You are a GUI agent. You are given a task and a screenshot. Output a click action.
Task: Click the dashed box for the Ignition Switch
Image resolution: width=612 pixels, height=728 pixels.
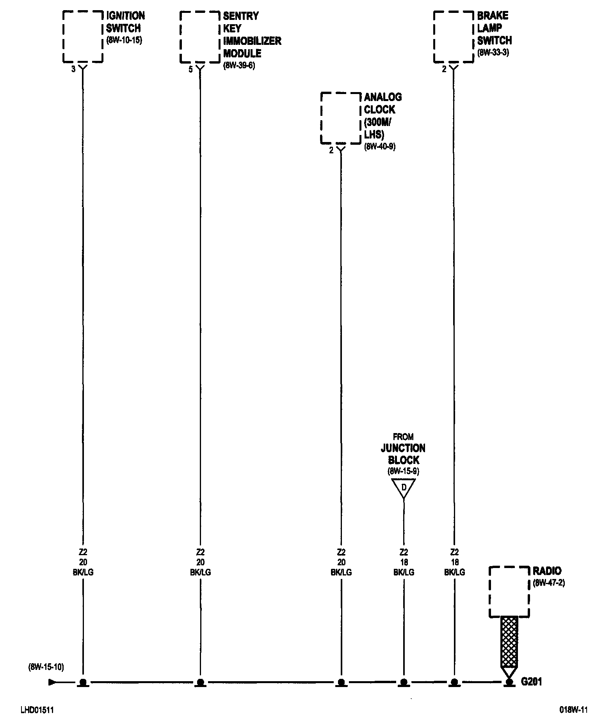[83, 37]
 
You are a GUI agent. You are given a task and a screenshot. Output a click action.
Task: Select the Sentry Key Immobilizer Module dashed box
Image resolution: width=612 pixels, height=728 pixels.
[200, 37]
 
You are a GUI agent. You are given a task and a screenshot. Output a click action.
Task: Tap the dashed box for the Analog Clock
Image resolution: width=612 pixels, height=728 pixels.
[341, 118]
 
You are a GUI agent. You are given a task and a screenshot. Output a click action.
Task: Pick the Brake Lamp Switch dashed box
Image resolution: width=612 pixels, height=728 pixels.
[454, 37]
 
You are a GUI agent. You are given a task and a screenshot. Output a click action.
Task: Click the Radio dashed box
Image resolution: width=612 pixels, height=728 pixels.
[509, 592]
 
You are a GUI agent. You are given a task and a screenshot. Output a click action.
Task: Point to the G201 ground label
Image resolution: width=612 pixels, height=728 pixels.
[532, 682]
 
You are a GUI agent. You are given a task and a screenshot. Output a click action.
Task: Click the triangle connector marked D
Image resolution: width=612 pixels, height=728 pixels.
[404, 488]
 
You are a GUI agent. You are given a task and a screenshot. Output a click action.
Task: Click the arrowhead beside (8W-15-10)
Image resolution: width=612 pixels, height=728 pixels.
[52, 682]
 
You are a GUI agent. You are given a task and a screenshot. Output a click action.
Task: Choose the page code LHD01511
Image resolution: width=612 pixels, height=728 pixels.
[37, 710]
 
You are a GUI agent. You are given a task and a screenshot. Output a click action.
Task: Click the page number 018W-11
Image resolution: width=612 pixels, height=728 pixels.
[573, 710]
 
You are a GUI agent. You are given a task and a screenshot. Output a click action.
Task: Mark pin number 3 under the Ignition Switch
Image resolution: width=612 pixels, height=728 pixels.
[73, 70]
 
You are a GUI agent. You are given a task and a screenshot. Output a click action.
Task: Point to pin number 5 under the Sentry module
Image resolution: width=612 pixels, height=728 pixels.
[190, 70]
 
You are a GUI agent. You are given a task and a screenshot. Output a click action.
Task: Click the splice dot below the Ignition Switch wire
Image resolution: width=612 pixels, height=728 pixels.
[83, 682]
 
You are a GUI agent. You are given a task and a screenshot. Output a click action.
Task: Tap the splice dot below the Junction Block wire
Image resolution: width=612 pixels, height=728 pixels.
[404, 682]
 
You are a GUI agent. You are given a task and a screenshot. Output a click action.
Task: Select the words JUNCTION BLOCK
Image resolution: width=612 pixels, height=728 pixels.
[403, 454]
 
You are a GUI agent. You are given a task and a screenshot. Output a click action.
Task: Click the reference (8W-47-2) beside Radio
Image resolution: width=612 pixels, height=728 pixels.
[549, 583]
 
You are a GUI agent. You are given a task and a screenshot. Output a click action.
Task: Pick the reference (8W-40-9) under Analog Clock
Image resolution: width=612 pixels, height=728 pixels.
[380, 147]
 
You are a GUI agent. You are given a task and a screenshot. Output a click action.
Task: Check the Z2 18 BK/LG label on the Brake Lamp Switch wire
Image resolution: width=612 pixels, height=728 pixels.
[454, 562]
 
